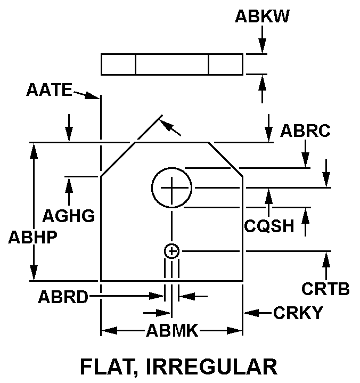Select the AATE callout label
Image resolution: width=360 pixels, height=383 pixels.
49,90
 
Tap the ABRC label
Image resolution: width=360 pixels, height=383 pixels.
306,131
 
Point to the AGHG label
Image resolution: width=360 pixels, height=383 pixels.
69,216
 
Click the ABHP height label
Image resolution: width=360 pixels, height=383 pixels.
32,238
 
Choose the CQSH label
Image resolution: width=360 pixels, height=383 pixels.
269,226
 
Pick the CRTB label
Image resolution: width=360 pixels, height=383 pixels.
325,289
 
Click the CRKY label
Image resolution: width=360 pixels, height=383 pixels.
298,313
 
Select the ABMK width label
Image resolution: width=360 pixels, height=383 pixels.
172,332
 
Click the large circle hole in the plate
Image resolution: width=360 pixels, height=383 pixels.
171,187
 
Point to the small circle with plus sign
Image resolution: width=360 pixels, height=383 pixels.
171,251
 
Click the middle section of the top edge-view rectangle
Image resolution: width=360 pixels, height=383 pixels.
171,64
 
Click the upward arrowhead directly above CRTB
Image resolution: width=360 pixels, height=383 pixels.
325,258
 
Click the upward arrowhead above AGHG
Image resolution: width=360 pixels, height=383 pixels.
69,183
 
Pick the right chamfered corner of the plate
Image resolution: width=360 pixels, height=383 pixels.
226,159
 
